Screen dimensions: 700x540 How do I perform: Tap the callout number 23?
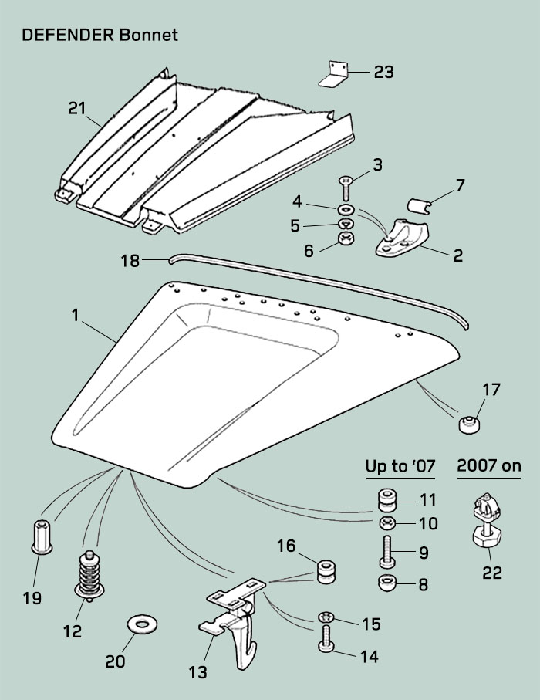pyautogui.click(x=383, y=72)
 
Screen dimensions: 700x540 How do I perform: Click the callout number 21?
pyautogui.click(x=76, y=109)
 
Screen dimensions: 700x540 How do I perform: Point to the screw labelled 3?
pyautogui.click(x=345, y=188)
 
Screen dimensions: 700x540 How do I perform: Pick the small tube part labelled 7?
pyautogui.click(x=420, y=206)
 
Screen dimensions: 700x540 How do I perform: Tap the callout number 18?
pyautogui.click(x=130, y=261)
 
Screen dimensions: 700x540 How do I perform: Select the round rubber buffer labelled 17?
pyautogui.click(x=467, y=423)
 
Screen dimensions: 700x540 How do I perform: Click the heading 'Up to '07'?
pyautogui.click(x=400, y=466)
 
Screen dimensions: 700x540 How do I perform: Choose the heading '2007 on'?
pyautogui.click(x=489, y=465)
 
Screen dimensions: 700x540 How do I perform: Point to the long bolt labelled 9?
pyautogui.click(x=385, y=553)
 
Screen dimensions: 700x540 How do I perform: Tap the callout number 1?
pyautogui.click(x=75, y=315)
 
